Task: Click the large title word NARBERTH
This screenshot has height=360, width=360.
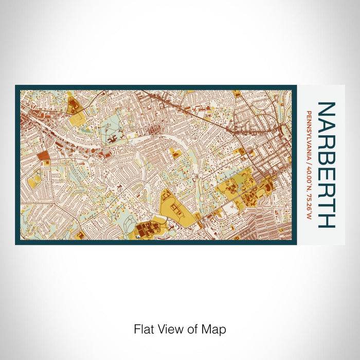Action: pos(327,165)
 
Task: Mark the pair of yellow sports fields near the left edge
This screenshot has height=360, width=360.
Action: pos(34,181)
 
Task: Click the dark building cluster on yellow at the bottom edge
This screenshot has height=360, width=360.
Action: pos(149,230)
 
